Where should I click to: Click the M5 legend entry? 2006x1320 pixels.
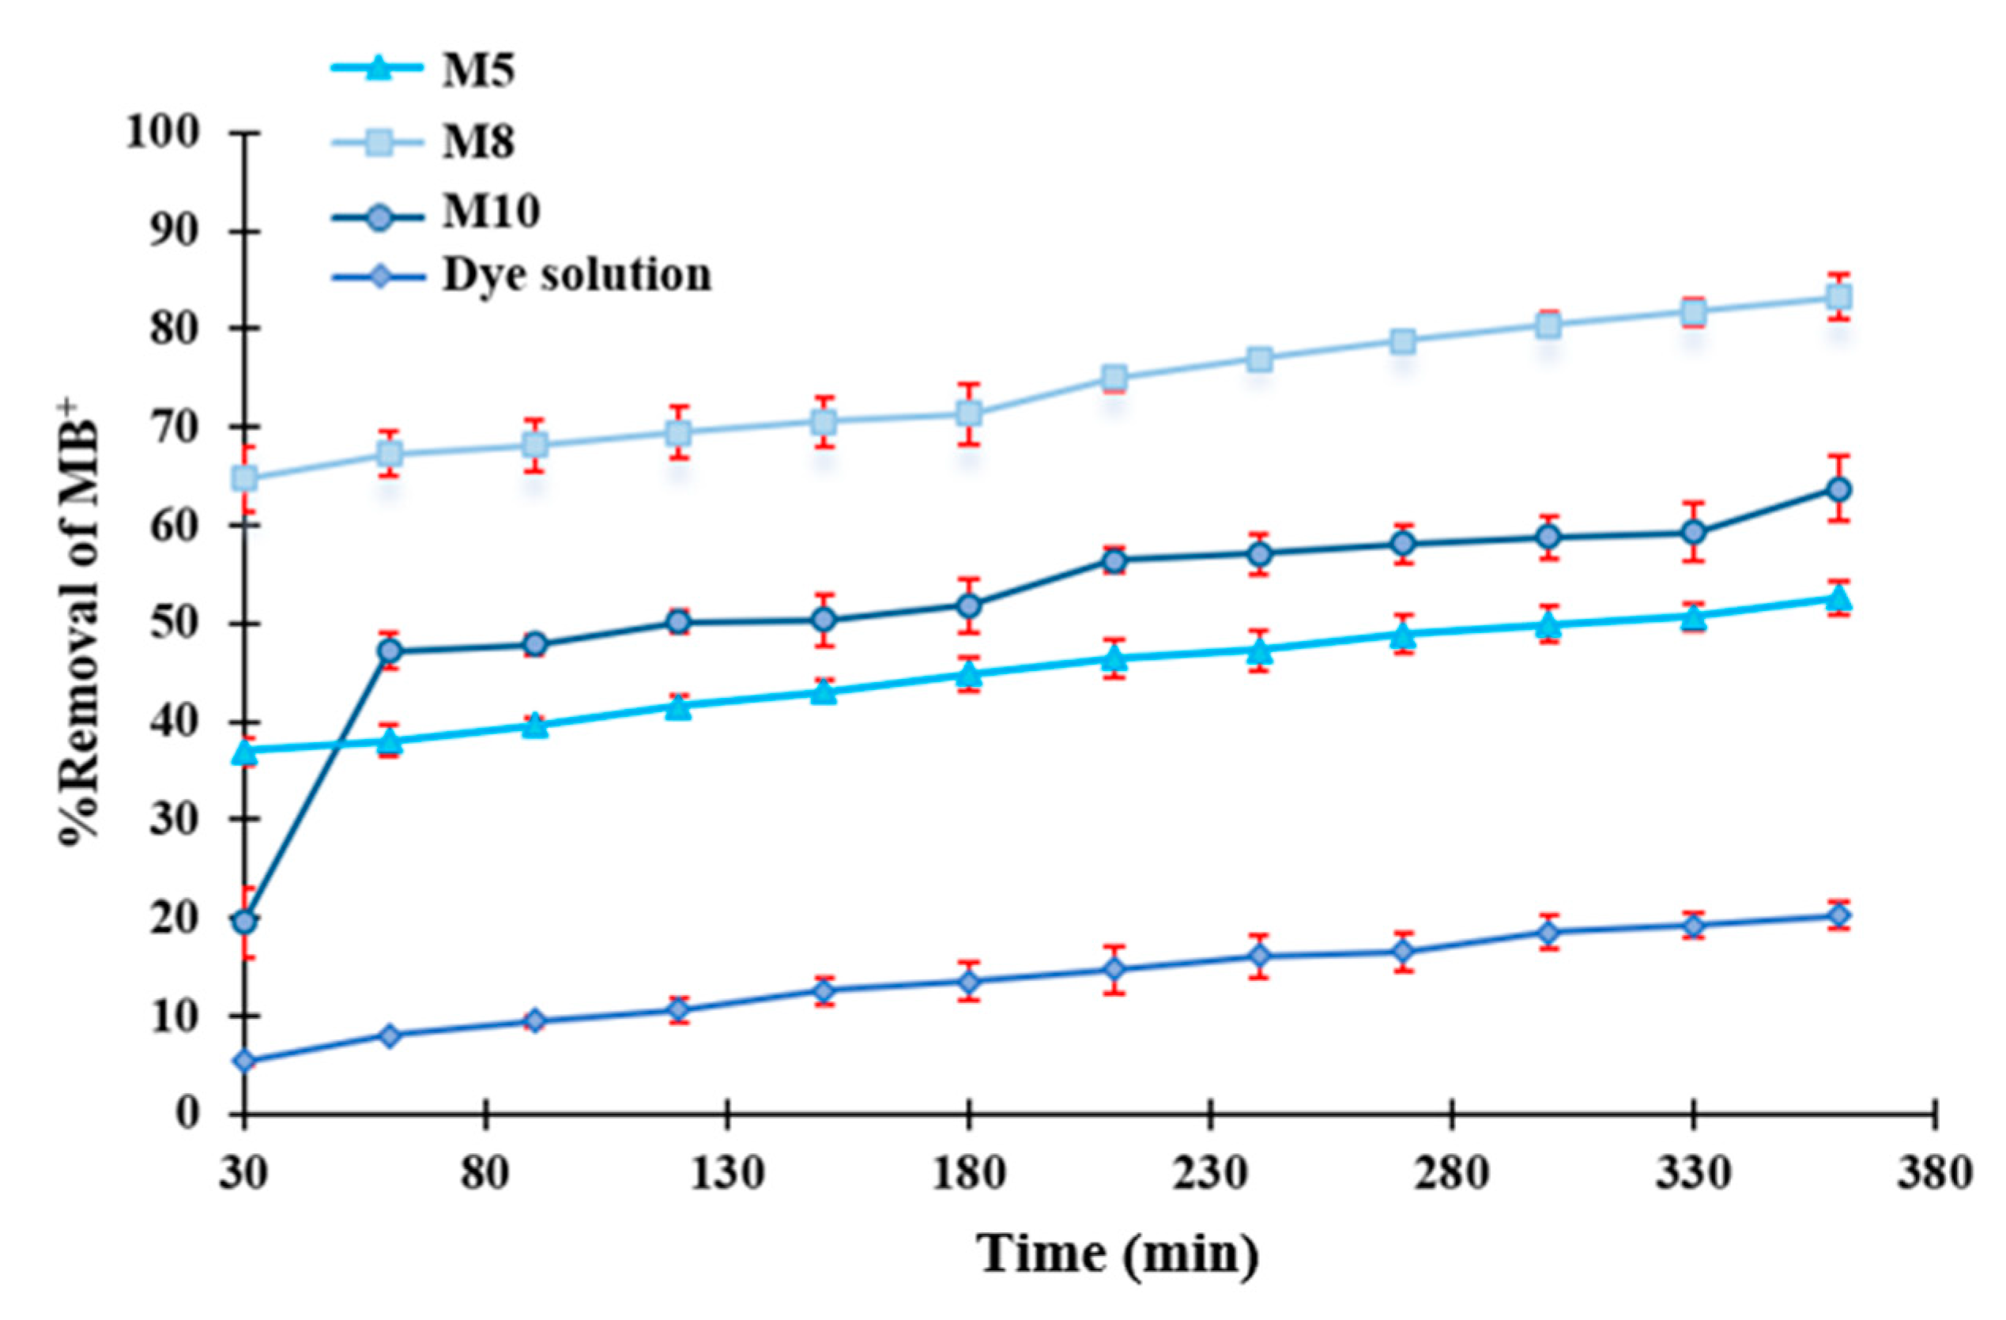pos(477,71)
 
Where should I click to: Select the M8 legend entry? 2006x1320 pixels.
pos(477,141)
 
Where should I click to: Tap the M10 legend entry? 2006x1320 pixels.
pos(490,210)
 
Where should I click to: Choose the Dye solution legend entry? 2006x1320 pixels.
pos(576,275)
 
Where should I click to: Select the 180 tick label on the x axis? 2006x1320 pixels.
pos(968,1172)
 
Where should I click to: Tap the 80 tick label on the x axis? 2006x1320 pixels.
pos(486,1172)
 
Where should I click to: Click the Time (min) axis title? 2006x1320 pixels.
pos(1118,1254)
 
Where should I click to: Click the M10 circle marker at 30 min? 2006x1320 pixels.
pos(244,922)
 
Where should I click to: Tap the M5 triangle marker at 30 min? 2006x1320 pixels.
pos(244,751)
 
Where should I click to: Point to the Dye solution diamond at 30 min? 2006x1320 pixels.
pos(244,1062)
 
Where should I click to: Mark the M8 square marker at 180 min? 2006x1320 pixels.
pos(969,414)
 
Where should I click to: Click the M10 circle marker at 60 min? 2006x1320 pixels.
pos(390,651)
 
